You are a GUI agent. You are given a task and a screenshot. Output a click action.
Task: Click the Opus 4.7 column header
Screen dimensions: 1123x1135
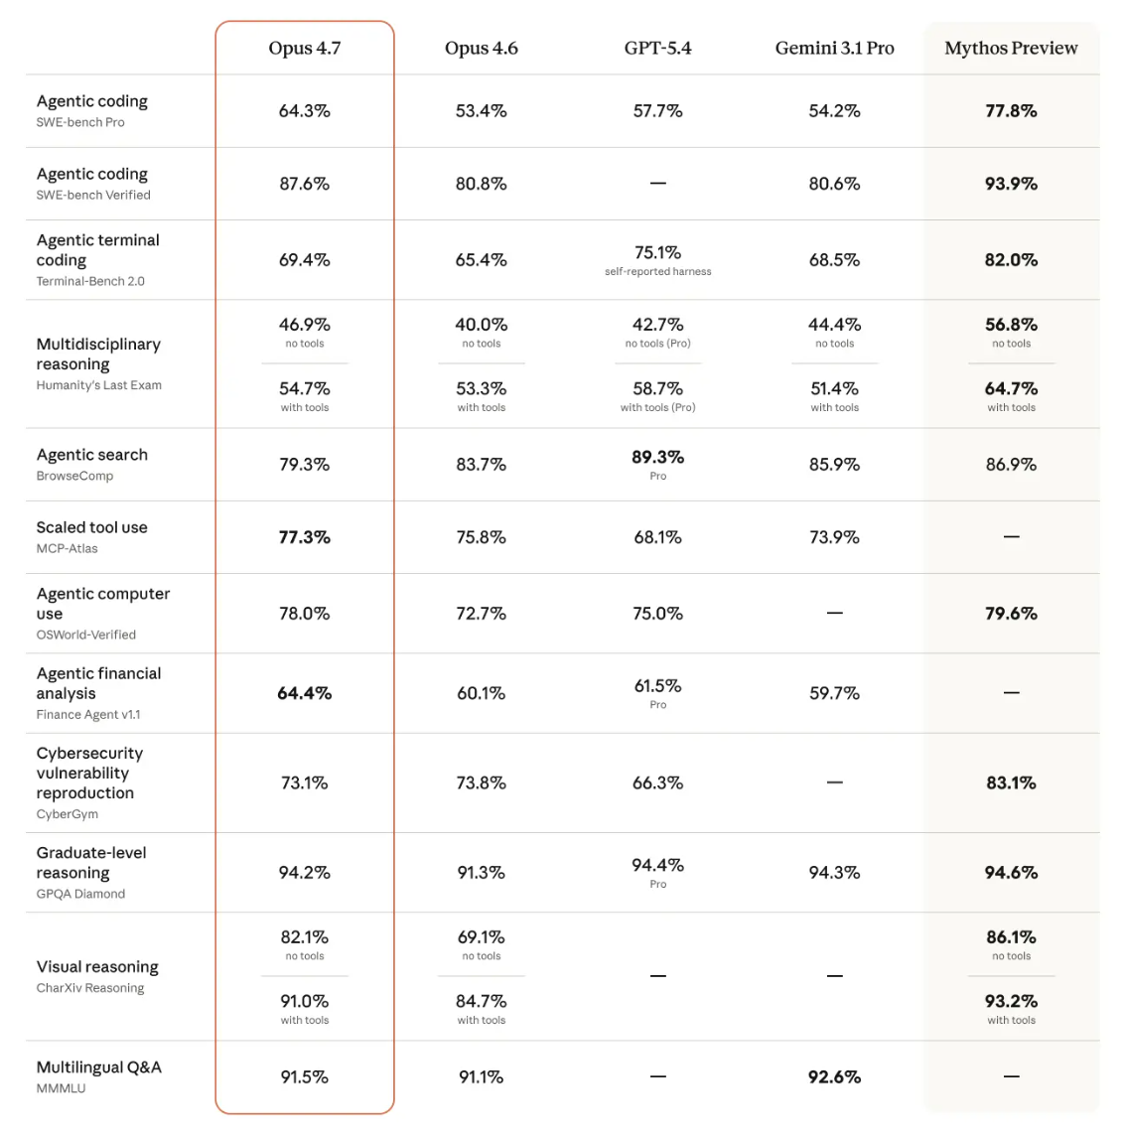305,48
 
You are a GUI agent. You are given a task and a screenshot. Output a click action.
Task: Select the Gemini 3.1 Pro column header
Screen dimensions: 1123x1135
834,48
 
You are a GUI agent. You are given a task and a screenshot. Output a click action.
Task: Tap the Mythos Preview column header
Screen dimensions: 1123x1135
1011,48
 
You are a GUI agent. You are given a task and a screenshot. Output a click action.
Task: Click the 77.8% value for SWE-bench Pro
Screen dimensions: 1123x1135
1011,111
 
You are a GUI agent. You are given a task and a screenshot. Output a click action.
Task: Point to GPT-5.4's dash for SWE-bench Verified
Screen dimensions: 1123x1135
657,183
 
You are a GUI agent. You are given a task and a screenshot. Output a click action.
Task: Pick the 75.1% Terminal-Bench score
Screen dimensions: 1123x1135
657,252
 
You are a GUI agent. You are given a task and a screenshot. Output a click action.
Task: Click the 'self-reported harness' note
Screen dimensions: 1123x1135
657,271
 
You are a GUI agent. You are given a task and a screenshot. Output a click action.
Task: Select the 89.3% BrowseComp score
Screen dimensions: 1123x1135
657,457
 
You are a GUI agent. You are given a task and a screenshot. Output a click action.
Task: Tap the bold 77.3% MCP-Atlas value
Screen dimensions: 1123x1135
305,537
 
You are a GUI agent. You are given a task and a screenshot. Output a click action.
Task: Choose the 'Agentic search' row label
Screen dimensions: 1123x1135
92,455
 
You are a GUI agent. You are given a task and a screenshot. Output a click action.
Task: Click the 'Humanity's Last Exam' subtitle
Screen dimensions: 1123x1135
99,385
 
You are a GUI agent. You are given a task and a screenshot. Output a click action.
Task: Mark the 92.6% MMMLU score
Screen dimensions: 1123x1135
834,1077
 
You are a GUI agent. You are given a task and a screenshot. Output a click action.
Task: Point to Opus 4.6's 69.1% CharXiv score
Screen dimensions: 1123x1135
482,937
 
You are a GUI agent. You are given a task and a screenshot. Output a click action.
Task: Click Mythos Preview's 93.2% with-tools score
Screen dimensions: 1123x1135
1011,1001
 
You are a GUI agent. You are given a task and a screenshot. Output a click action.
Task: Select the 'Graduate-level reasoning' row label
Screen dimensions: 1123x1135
91,863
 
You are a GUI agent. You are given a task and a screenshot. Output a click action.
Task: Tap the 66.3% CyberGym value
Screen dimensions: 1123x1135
657,782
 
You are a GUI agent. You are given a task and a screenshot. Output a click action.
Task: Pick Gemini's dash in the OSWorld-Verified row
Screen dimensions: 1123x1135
834,613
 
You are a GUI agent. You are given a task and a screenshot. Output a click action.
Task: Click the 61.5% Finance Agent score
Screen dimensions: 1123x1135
657,685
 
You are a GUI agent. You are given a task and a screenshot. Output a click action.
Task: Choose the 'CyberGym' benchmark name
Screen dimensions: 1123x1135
68,813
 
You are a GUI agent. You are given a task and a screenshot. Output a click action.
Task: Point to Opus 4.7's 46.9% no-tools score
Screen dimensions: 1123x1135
305,325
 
